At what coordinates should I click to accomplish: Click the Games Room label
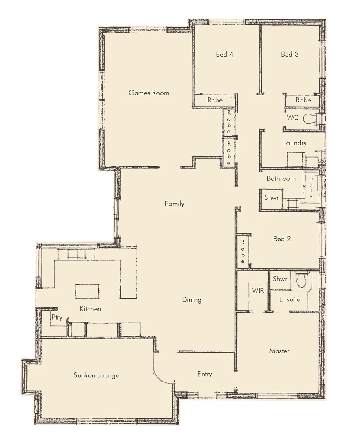pyautogui.click(x=149, y=93)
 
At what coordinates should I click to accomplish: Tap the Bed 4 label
pyautogui.click(x=224, y=54)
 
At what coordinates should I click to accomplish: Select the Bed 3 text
pyautogui.click(x=290, y=54)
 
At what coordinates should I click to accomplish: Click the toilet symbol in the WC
pyautogui.click(x=308, y=119)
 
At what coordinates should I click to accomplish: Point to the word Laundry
pyautogui.click(x=295, y=143)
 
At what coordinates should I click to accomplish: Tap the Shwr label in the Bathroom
pyautogui.click(x=272, y=197)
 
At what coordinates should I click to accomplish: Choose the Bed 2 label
pyautogui.click(x=282, y=239)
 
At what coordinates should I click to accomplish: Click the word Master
pyautogui.click(x=279, y=351)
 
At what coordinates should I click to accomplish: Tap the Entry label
pyautogui.click(x=205, y=374)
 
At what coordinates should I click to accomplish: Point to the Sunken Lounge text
pyautogui.click(x=97, y=375)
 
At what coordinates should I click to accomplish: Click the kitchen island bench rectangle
pyautogui.click(x=87, y=291)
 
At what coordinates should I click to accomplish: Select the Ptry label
pyautogui.click(x=57, y=318)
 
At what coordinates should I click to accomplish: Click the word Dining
pyautogui.click(x=192, y=300)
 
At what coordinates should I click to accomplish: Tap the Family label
pyautogui.click(x=174, y=204)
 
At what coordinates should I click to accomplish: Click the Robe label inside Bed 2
pyautogui.click(x=243, y=251)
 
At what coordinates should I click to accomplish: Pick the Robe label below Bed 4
pyautogui.click(x=215, y=100)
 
